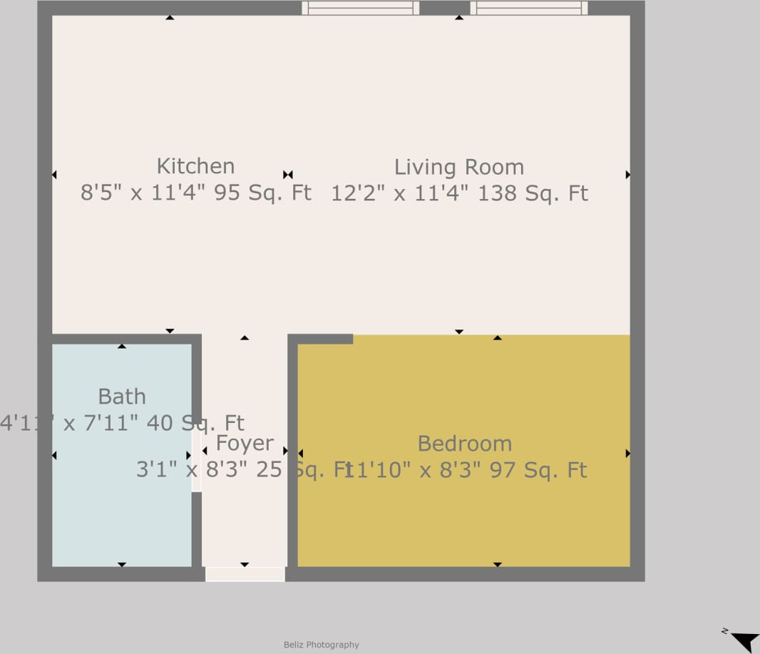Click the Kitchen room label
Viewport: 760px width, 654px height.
(195, 166)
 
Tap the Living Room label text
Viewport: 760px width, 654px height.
(458, 167)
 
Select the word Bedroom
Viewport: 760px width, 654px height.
(464, 444)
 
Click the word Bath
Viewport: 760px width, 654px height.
(122, 397)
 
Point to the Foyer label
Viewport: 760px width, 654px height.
(245, 444)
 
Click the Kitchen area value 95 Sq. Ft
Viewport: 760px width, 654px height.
(262, 193)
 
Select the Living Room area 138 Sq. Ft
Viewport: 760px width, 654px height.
(533, 193)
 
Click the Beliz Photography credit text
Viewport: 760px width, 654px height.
(322, 645)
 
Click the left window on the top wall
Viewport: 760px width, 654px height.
(360, 8)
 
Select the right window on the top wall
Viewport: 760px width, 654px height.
(528, 8)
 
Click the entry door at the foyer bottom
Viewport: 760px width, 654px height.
(245, 574)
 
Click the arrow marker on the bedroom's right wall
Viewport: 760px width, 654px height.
(627, 453)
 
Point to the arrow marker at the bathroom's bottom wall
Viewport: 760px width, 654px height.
(122, 564)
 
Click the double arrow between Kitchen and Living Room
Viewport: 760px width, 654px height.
(287, 175)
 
